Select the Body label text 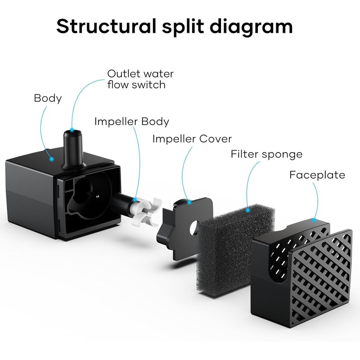[x=48, y=98]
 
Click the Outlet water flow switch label [x=140, y=79]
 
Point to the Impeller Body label [x=131, y=121]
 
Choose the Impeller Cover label [x=192, y=139]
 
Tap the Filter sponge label [x=266, y=154]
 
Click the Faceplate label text [x=317, y=175]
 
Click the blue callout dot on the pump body [x=52, y=159]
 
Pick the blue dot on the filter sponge [x=247, y=210]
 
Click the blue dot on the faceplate [x=314, y=220]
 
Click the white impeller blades [x=144, y=211]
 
